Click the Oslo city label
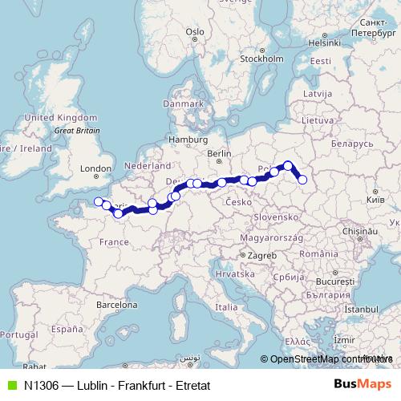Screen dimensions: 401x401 pos(195,33)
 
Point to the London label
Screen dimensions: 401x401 pos(95,168)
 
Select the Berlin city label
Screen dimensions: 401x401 pos(219,152)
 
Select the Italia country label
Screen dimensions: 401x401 pos(227,306)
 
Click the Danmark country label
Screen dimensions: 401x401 pos(183,103)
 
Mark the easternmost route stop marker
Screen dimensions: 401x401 pos(302,180)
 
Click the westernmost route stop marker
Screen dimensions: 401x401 pos(98,201)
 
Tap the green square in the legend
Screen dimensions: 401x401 pos(11,385)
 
